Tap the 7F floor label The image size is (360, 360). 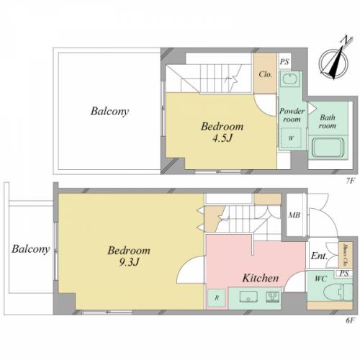click(350, 181)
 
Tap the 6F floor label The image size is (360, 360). click(350, 320)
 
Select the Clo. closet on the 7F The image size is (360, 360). click(265, 73)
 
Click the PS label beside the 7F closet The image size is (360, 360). click(284, 62)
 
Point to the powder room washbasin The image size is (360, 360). click(291, 78)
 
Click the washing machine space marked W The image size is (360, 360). click(291, 138)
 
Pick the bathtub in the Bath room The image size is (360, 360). click(328, 147)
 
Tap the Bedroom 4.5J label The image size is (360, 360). click(222, 132)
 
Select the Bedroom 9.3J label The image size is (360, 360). click(129, 256)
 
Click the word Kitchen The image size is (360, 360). click(261, 278)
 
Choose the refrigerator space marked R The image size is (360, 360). click(217, 298)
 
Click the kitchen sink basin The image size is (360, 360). click(248, 297)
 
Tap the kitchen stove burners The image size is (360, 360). click(272, 297)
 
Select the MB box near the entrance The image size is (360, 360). click(294, 215)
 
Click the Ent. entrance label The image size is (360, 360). click(319, 256)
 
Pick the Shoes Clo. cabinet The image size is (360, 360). click(346, 255)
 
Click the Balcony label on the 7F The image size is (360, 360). click(109, 112)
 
